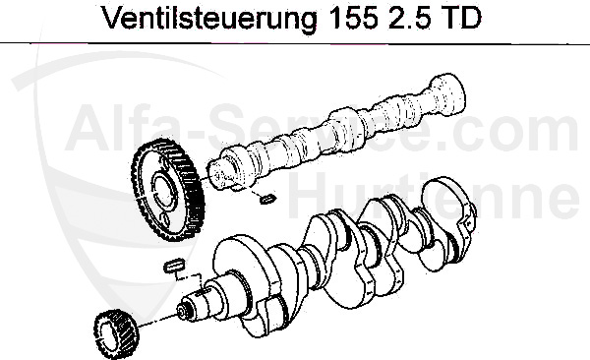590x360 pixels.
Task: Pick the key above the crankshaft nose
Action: tap(177, 264)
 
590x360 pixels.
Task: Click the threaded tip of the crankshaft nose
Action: tap(184, 311)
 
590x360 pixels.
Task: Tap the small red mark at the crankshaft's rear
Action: tap(474, 209)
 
